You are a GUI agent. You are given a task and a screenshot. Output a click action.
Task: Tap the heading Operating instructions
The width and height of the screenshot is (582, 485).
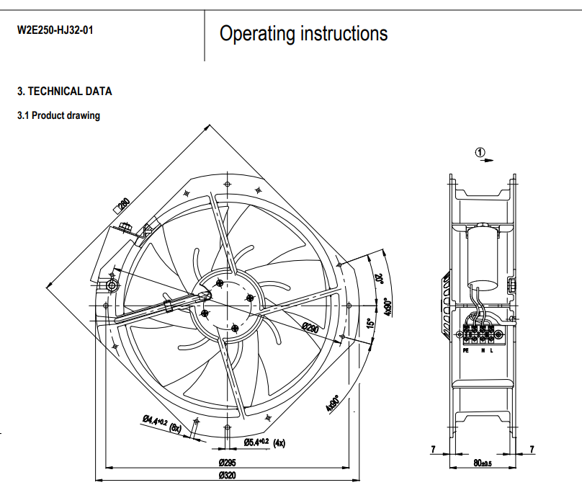pyautogui.click(x=303, y=33)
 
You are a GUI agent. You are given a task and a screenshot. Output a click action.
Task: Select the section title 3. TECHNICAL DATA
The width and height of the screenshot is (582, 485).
pyautogui.click(x=65, y=92)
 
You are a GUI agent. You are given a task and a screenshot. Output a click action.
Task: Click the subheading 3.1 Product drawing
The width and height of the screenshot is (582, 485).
pyautogui.click(x=58, y=115)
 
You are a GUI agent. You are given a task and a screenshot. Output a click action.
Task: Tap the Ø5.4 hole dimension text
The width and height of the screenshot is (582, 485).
pyautogui.click(x=256, y=442)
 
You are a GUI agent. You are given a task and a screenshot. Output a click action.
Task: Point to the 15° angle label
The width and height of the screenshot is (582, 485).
pyautogui.click(x=370, y=324)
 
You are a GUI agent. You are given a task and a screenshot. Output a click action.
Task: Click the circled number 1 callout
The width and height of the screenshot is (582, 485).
pyautogui.click(x=480, y=151)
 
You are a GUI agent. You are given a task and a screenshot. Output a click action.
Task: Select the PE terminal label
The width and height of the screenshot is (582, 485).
pyautogui.click(x=465, y=350)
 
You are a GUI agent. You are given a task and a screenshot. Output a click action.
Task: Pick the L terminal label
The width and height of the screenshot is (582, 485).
pyautogui.click(x=492, y=350)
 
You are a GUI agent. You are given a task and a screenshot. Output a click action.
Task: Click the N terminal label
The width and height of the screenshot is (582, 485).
pyautogui.click(x=482, y=350)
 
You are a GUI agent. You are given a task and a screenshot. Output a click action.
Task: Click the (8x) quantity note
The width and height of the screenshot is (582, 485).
pyautogui.click(x=175, y=427)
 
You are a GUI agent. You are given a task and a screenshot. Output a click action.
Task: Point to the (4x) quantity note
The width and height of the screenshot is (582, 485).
pyautogui.click(x=279, y=443)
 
